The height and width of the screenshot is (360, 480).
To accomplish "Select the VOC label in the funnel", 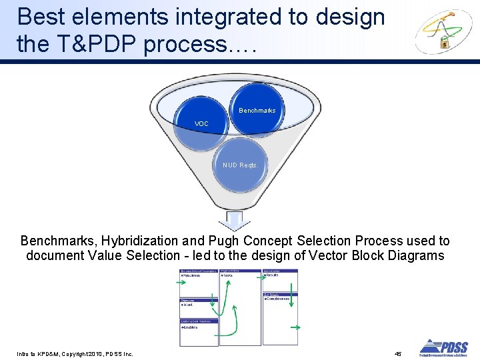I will [201, 124].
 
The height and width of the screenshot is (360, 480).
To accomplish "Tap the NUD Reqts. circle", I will [240, 165].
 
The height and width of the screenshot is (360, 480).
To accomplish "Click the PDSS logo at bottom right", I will [443, 347].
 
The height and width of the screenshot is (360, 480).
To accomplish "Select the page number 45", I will [398, 353].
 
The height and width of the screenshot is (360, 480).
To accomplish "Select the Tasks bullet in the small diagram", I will [227, 275].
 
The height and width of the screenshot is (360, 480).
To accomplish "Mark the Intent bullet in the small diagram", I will [188, 305].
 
